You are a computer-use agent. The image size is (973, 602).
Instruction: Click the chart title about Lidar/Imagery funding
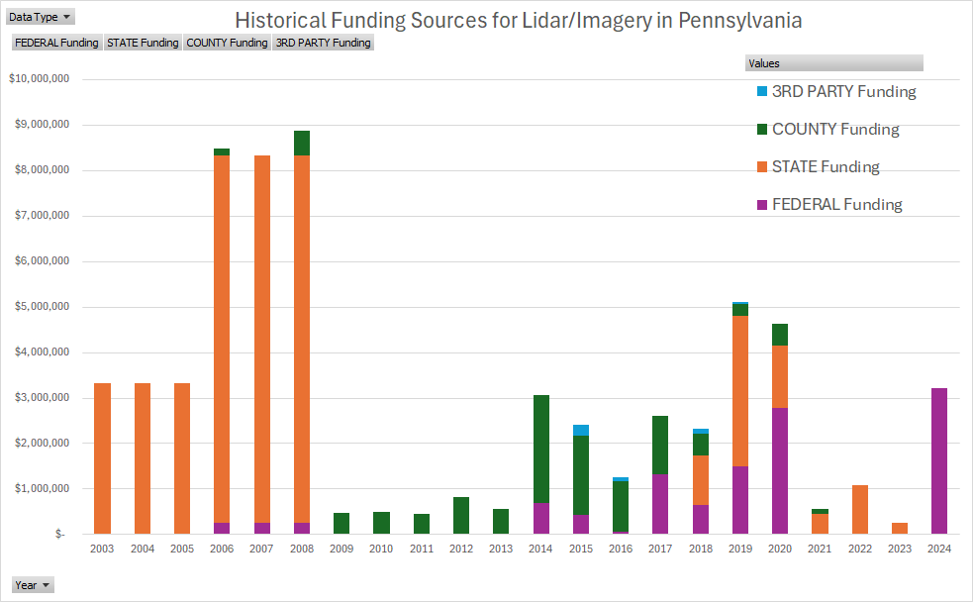coord(518,20)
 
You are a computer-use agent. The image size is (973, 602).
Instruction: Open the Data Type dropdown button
coord(40,17)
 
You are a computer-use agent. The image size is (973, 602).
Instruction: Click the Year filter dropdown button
coord(32,585)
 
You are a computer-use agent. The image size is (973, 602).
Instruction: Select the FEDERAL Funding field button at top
coord(56,43)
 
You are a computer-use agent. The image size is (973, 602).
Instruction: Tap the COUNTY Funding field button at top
coord(227,43)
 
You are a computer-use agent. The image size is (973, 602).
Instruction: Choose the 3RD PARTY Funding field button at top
coord(323,43)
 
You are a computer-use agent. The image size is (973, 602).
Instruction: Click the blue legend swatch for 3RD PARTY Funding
coord(762,92)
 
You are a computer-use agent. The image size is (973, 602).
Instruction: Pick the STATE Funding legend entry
coord(825,167)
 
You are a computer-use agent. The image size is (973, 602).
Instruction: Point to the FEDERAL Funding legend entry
coord(836,205)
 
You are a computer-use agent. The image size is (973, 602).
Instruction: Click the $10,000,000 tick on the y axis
coord(38,79)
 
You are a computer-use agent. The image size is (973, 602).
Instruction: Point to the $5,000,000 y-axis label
coord(38,307)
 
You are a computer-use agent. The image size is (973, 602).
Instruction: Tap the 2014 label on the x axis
coord(540,549)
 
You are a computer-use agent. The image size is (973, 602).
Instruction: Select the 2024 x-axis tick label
coord(938,549)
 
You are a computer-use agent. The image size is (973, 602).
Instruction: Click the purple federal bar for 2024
coord(938,460)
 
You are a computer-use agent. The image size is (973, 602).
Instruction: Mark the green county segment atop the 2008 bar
coord(302,144)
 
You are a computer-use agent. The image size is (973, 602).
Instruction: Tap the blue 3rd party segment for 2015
coord(580,430)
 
